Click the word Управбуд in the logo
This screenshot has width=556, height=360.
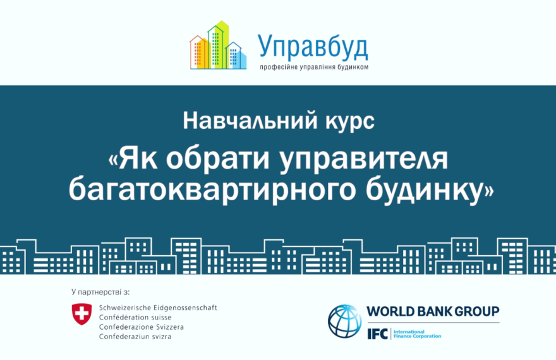pos(313,47)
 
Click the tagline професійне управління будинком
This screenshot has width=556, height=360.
pos(314,67)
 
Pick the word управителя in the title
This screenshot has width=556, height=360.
pos(364,160)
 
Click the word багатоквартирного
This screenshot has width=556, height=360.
pos(212,189)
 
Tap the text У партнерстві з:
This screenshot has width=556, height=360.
pos(100,292)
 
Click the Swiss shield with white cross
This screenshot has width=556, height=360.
pos(82,314)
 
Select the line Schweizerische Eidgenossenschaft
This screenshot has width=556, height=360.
pos(158,308)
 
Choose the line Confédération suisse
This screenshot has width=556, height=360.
pos(135,317)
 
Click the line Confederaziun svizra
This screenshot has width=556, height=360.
pos(135,336)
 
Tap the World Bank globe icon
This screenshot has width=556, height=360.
pos(345,321)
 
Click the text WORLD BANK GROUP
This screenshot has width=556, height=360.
pos(433,311)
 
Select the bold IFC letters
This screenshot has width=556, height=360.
pos(377,333)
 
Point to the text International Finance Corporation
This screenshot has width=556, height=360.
pos(418,333)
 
